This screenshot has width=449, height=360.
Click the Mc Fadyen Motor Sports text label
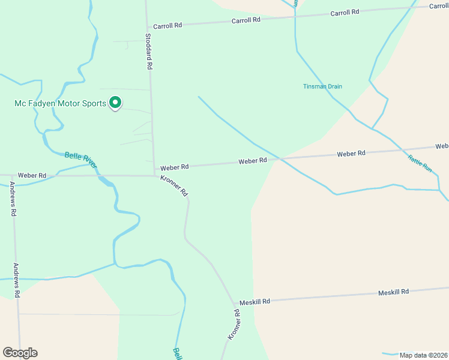(x=60, y=103)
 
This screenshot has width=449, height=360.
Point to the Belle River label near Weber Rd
(x=81, y=160)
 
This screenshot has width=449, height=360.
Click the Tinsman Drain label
(x=322, y=86)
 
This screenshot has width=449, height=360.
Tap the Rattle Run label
(x=420, y=164)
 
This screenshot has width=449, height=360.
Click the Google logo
(x=20, y=353)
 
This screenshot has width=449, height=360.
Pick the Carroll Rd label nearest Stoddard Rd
(x=167, y=26)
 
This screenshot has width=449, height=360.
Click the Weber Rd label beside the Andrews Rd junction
(x=32, y=175)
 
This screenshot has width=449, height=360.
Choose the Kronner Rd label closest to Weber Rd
(x=175, y=186)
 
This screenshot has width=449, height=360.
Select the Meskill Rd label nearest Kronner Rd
(x=255, y=301)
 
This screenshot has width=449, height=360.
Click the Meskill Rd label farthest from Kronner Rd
(x=393, y=292)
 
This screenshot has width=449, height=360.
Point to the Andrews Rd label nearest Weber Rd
(x=13, y=200)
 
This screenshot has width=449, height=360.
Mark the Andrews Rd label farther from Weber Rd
(x=17, y=281)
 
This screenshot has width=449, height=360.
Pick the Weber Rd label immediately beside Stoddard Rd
(x=174, y=166)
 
